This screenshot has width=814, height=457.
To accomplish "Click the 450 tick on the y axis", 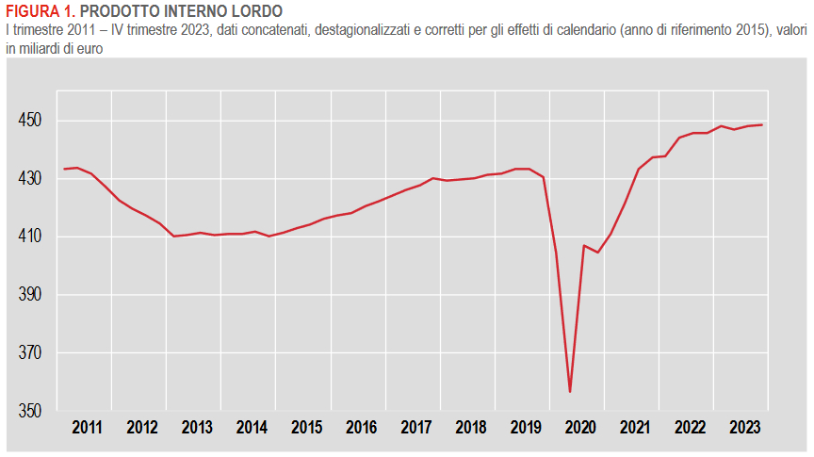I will pos(30,121).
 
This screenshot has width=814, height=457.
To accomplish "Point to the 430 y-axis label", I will pos(30,179).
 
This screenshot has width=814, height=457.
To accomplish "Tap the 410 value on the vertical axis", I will pos(30,237).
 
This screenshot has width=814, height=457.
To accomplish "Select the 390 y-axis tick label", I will pos(30,295).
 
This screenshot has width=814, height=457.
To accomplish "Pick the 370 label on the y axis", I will pos(30,353).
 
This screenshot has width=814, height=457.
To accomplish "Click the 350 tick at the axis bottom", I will pos(30,412).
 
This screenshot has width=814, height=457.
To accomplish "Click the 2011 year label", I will pos(87,428).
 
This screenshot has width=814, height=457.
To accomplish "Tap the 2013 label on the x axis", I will pos(197,428).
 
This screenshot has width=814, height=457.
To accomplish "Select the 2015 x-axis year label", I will pos(306,428).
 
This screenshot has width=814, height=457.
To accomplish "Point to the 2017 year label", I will pos(416,428).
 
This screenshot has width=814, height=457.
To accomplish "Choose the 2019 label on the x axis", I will pos(526,428).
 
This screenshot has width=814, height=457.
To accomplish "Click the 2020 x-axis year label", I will pos(580,428).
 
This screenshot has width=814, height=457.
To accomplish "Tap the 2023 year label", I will pos(745,428).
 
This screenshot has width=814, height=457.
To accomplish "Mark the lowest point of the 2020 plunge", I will pos(570,392).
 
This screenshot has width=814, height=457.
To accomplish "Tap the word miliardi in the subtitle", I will pos(41,47).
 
